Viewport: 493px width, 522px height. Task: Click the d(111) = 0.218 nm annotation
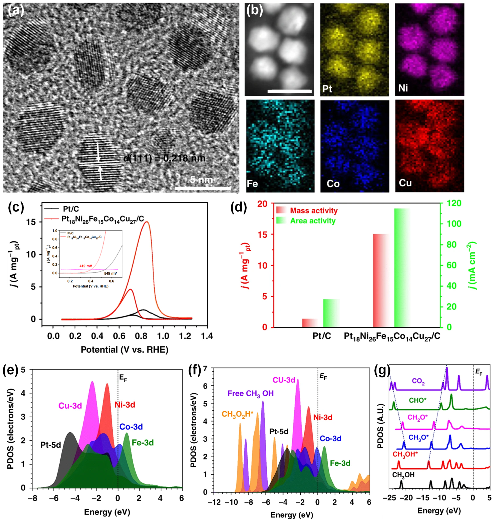click(164, 158)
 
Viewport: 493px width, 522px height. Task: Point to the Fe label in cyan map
click(252, 183)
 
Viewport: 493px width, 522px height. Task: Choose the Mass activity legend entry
click(314, 211)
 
